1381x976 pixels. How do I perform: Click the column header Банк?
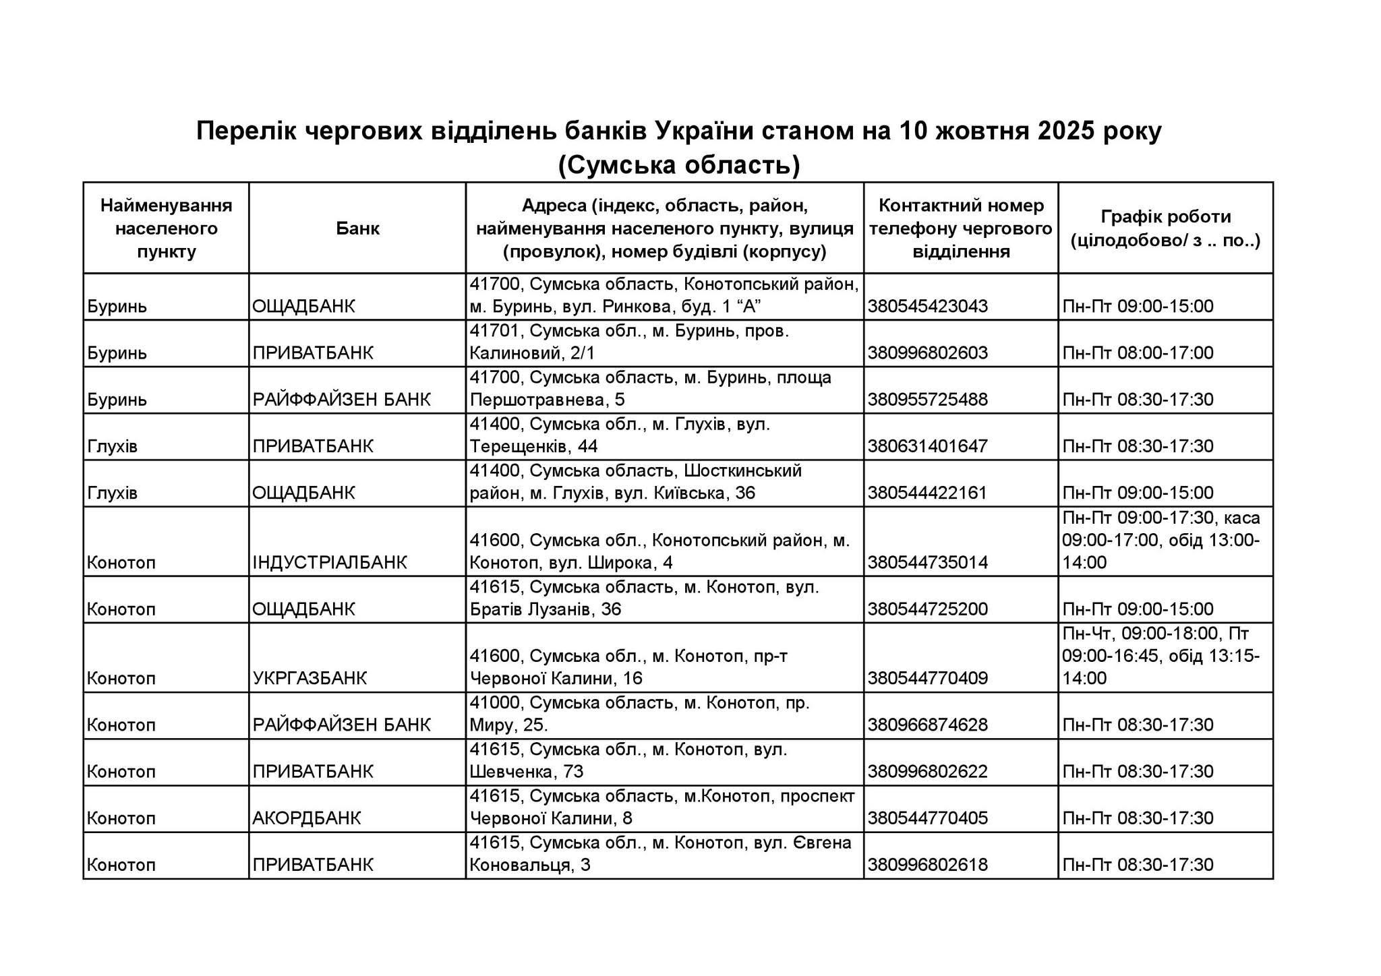357,228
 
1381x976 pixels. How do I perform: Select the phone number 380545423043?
927,307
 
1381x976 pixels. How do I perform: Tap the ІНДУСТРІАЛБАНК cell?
330,562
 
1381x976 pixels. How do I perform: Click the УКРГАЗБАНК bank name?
310,678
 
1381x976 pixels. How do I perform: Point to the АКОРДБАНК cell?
307,818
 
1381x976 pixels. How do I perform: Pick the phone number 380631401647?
927,446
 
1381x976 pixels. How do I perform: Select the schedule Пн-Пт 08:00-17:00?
1138,353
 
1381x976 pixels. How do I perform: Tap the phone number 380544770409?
927,678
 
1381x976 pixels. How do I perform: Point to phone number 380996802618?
927,865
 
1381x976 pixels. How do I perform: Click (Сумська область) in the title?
678,165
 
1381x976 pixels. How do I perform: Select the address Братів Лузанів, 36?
644,599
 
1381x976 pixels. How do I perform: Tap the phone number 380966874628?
927,725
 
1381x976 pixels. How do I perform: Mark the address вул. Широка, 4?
659,551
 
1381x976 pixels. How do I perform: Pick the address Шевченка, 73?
628,760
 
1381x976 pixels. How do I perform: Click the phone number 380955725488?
927,400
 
